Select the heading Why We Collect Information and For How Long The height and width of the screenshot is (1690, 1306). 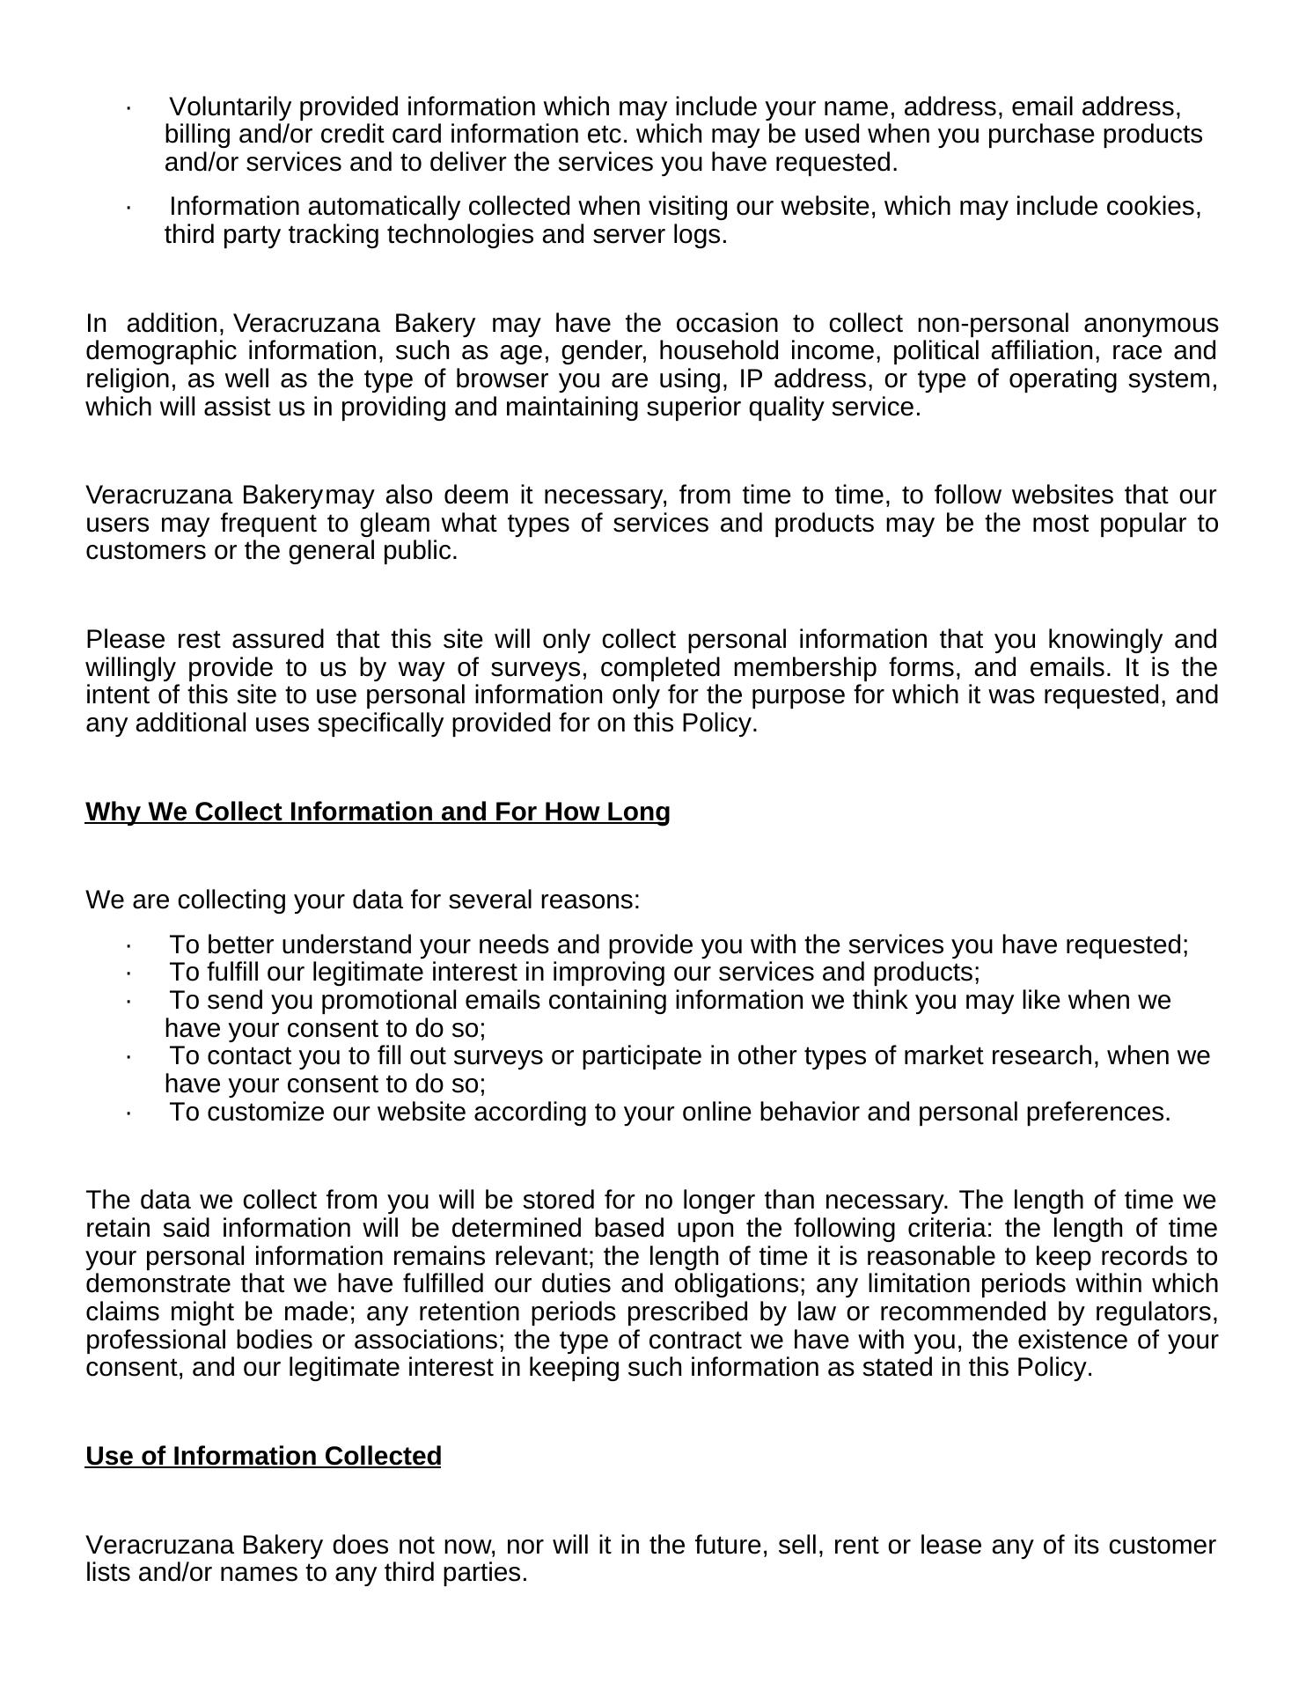click(x=378, y=812)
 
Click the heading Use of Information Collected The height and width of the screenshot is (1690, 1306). click(x=263, y=1456)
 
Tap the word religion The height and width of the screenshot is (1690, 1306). click(x=120, y=379)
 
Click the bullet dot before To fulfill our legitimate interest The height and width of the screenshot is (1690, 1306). click(x=128, y=974)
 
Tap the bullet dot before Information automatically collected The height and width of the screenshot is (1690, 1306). click(x=128, y=208)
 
